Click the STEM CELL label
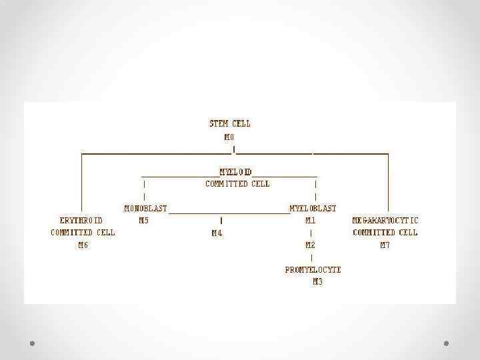point(230,123)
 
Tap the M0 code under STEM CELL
point(229,136)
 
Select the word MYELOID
point(236,172)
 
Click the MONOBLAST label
point(145,208)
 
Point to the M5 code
point(143,220)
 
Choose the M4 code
point(217,233)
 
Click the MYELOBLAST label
point(313,208)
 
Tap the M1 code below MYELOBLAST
point(310,220)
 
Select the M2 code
point(311,245)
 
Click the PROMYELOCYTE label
point(313,270)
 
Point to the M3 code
point(317,282)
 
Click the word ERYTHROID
point(81,220)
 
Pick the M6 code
point(83,245)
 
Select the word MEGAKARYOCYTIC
point(385,220)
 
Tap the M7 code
point(385,245)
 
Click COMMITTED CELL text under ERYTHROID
point(83,233)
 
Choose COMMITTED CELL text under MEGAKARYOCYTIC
point(385,233)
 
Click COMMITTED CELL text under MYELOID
point(237,184)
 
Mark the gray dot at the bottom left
point(32,343)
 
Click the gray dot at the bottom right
point(447,343)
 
